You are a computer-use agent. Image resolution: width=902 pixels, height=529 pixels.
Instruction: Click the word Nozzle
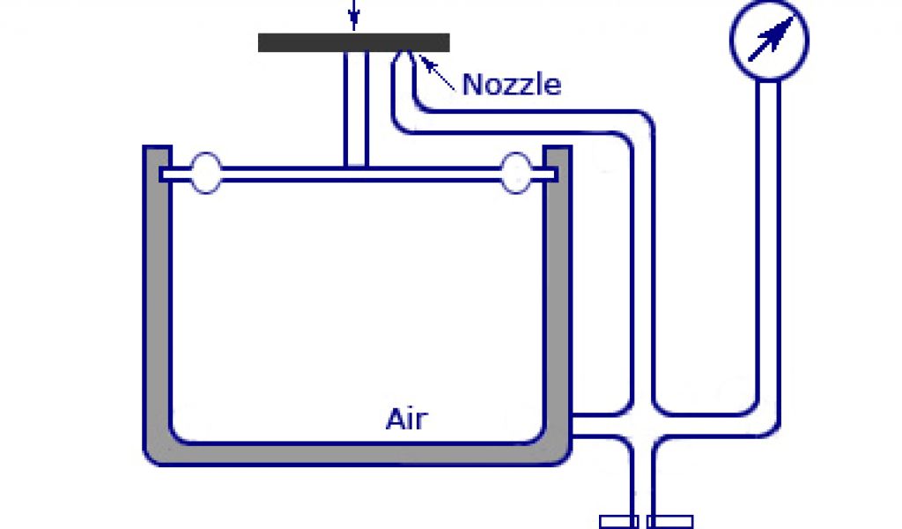[x=511, y=85]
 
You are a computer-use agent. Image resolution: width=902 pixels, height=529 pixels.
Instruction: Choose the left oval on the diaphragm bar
[x=205, y=173]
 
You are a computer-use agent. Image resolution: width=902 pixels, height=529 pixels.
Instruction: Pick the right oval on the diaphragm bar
[x=515, y=173]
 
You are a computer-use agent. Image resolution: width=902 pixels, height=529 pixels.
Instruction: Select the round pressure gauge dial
[x=769, y=41]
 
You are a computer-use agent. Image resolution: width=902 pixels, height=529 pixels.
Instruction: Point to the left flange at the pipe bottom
[x=618, y=521]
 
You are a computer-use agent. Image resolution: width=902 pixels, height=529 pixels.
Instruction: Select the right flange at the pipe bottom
[x=669, y=521]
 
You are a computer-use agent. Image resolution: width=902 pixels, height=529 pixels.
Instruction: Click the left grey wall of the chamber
[x=156, y=300]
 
